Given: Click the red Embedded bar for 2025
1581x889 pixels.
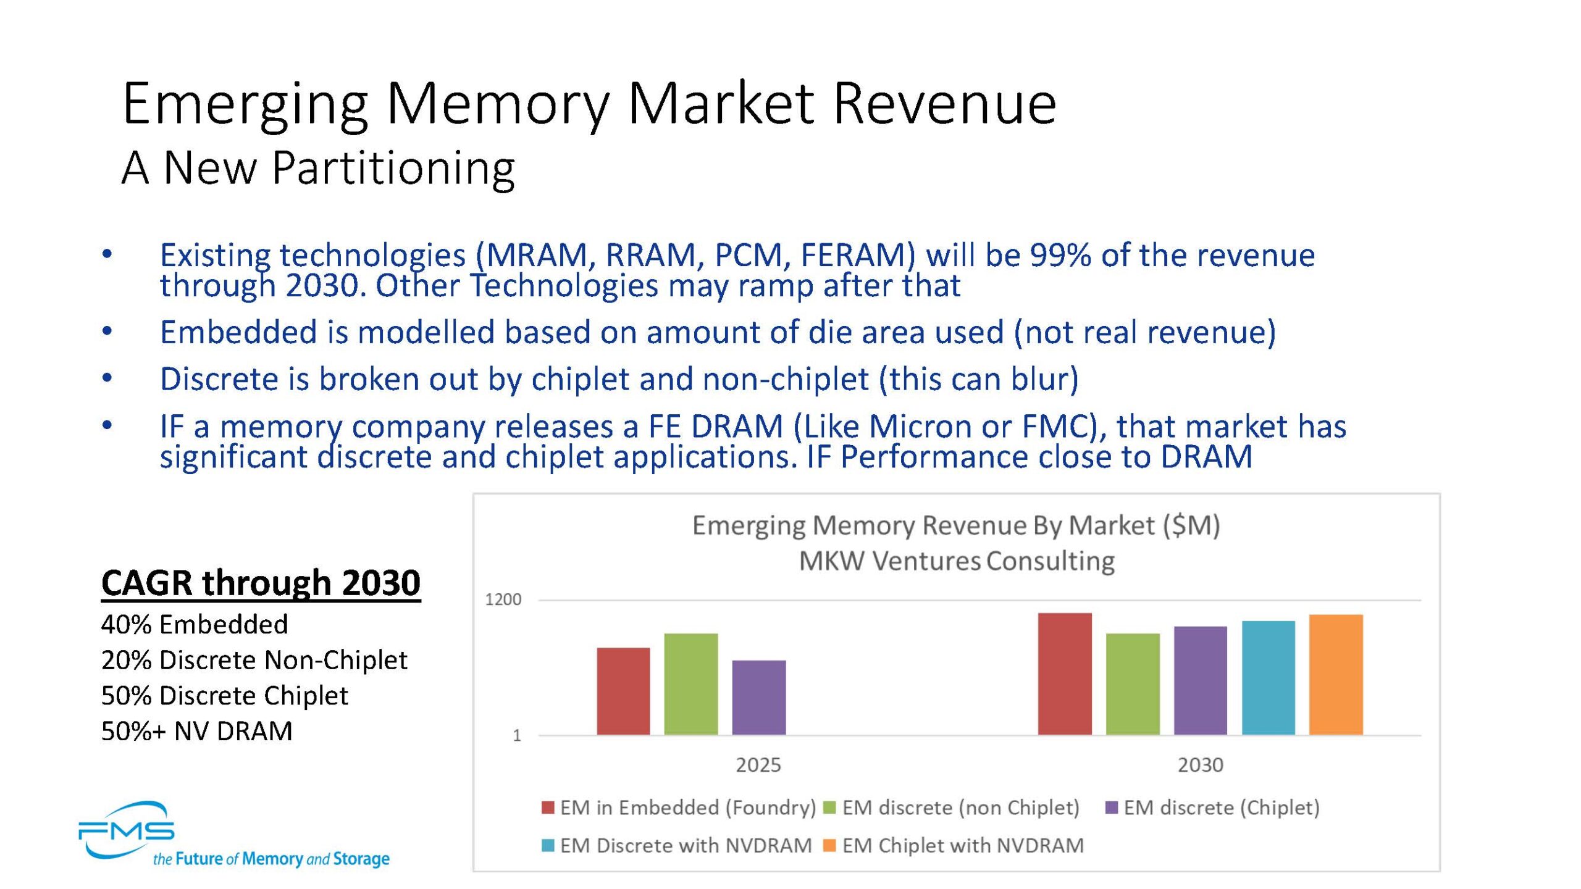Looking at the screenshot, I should (x=623, y=691).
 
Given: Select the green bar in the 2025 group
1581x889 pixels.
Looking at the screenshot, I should (x=691, y=684).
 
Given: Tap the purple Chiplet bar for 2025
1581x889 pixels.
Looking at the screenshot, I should (x=759, y=698).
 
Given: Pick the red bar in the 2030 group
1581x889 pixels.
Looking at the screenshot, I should (x=1065, y=674).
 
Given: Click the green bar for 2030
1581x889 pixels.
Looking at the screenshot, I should (x=1133, y=684).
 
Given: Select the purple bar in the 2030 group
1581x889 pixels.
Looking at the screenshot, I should (x=1201, y=680).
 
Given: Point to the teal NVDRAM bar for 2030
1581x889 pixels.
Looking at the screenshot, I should (x=1269, y=678).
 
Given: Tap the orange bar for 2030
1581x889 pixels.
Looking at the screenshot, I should (x=1336, y=675).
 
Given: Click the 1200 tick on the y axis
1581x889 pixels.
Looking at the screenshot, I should (x=503, y=599).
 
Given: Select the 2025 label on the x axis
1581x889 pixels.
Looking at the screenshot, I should (x=758, y=765).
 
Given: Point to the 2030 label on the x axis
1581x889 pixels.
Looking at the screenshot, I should (x=1200, y=765).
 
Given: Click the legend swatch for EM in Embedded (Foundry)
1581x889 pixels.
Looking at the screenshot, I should (x=547, y=808).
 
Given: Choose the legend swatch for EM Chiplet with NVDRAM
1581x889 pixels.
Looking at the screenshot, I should (x=829, y=845).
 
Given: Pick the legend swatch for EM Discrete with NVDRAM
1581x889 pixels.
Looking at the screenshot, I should (x=547, y=845).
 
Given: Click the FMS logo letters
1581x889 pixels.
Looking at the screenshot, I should (x=127, y=830).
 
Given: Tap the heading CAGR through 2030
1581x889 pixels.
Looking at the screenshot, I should (x=261, y=582).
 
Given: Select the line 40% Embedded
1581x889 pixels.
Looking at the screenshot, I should (x=195, y=624).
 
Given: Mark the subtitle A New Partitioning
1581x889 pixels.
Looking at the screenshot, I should (x=318, y=167).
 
